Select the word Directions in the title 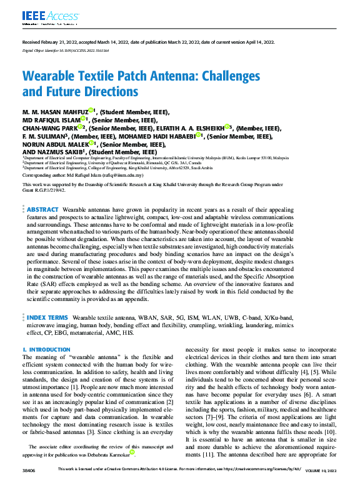pos(111,92)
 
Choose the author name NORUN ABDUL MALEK pos(52,144)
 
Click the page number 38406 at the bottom pos(29,484)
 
